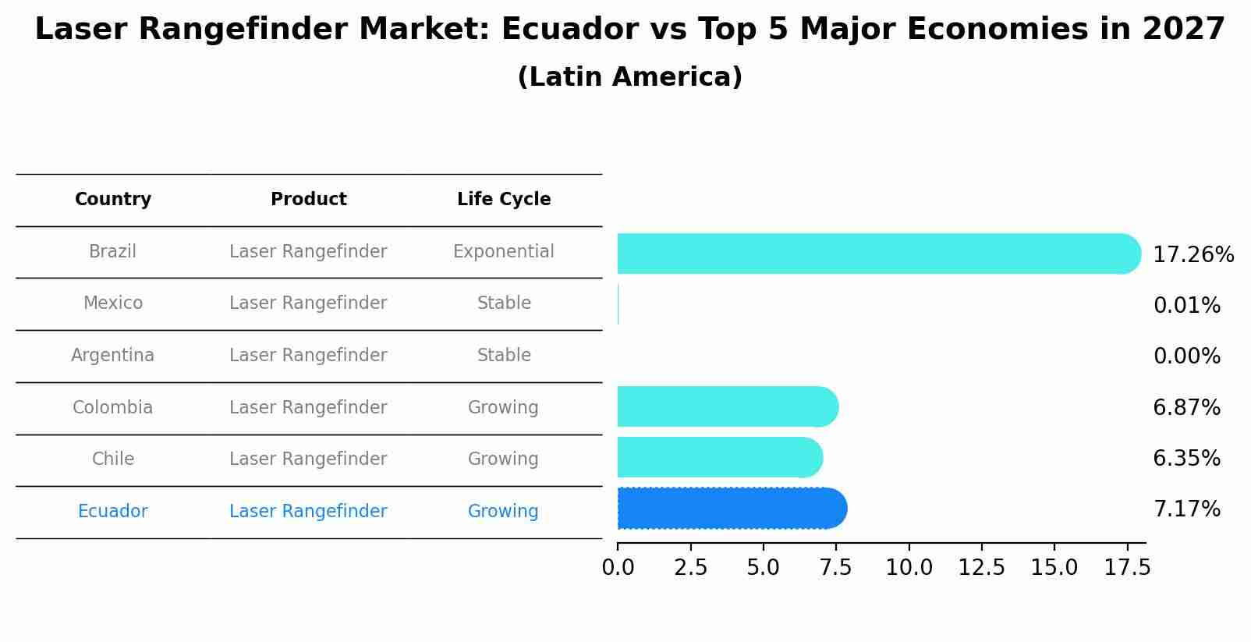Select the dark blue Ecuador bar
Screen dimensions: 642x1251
[732, 509]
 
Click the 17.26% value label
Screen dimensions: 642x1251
[1193, 255]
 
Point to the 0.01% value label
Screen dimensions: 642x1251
[1186, 306]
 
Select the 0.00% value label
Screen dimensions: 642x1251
[1186, 356]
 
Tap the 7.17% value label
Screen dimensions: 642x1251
[1186, 509]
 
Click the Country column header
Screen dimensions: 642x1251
[113, 200]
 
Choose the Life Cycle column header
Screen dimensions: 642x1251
[504, 200]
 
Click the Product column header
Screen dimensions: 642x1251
[308, 200]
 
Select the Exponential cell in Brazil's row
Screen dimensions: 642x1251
[503, 252]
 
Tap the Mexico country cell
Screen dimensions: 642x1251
[113, 303]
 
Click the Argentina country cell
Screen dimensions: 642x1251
[113, 356]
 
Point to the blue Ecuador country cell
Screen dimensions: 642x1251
[113, 512]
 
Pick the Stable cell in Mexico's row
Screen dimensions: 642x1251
[504, 303]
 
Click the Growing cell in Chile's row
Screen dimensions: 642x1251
[503, 459]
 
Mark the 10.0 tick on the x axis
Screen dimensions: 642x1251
[909, 568]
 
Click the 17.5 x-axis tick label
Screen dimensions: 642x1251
[1127, 568]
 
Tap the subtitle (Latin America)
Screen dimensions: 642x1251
[629, 77]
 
